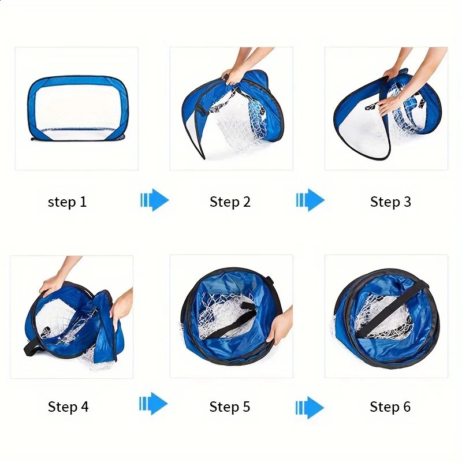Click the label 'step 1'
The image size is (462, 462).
point(67,202)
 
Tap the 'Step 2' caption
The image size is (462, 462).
point(230,202)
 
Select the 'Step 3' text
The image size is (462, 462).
point(390,202)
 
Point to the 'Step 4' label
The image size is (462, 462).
point(68,407)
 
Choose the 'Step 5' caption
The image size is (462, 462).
point(230,407)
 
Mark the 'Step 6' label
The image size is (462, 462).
point(390,407)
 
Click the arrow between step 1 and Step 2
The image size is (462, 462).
point(154,200)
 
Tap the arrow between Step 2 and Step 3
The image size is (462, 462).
point(310,200)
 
